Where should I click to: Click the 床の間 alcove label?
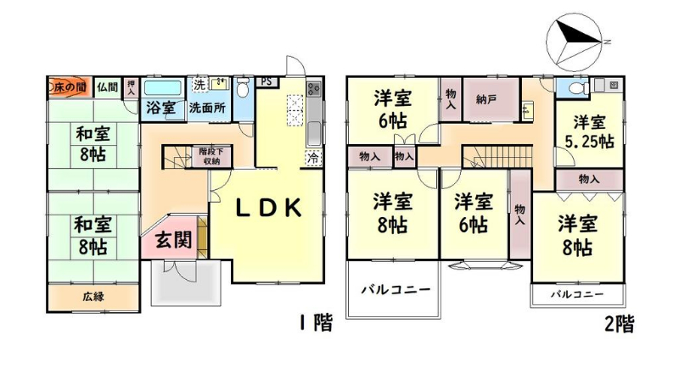coord(70,87)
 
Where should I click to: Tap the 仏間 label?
coord(107,87)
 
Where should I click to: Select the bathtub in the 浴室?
coord(162,89)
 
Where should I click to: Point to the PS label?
coord(267,81)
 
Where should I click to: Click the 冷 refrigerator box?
coord(313,158)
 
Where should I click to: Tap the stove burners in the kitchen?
coord(313,89)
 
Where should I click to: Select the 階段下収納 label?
coord(210,156)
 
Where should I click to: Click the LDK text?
coord(268,209)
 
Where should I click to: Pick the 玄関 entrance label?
coord(174,239)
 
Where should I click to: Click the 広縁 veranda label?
coord(93,297)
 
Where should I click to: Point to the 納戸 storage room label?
coord(485,100)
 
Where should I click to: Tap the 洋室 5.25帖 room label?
coord(590,131)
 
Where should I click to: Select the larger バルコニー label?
coord(396,289)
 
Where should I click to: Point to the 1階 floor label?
coord(316,323)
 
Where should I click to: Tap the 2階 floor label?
coord(620,324)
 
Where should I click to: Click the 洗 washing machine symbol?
coord(199,84)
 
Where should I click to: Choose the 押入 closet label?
coord(131,88)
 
